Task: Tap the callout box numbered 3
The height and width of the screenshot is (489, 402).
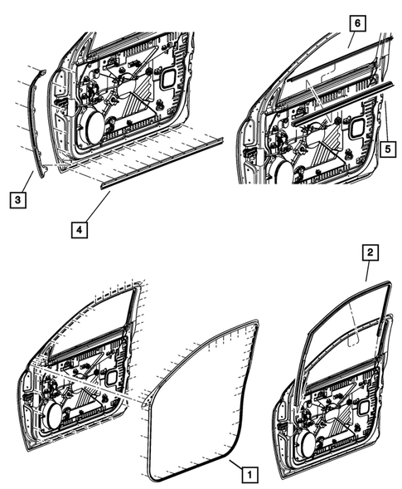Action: (x=15, y=200)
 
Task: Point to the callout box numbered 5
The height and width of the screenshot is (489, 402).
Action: (x=386, y=149)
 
